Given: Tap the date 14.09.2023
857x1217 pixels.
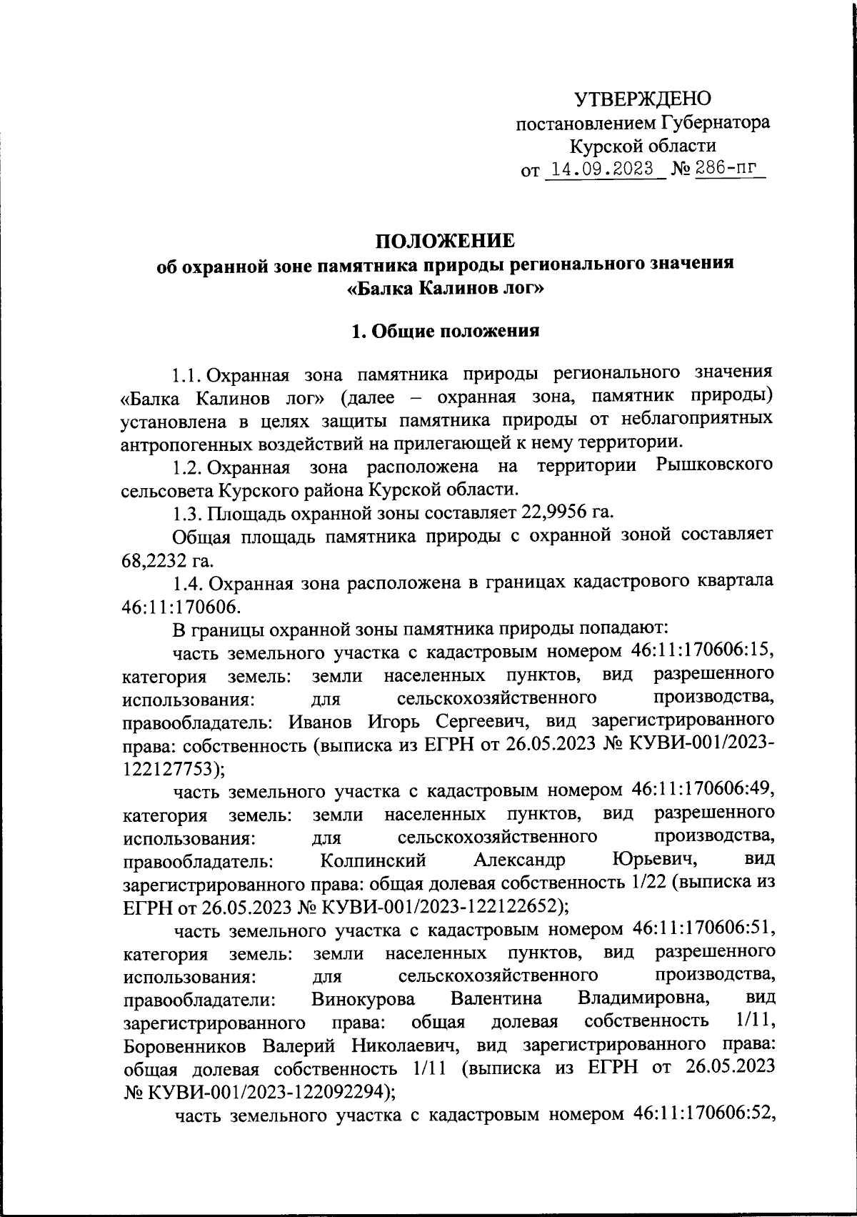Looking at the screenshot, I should coord(599,169).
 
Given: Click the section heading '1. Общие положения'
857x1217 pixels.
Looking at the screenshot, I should coord(446,332).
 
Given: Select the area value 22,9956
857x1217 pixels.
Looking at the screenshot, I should coord(550,512).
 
